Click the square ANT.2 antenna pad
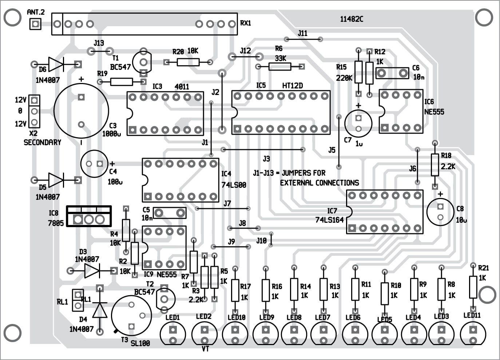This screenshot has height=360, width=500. [35, 24]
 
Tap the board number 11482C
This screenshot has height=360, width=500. [351, 19]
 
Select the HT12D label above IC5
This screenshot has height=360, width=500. [292, 86]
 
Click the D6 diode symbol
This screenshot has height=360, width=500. [56, 64]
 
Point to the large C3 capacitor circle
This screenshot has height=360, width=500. [81, 111]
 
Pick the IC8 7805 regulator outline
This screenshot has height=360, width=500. [89, 216]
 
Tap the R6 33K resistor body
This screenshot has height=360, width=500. [280, 66]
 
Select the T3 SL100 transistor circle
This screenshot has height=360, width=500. [131, 315]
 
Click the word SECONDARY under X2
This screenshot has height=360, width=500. [42, 142]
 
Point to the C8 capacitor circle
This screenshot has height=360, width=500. [440, 212]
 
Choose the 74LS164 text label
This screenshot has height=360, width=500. [329, 220]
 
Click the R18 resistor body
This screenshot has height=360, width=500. [434, 165]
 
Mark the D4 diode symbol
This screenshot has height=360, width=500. [99, 310]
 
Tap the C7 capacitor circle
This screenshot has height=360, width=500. [358, 123]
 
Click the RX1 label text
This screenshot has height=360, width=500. [246, 23]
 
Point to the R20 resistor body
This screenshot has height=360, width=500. [188, 62]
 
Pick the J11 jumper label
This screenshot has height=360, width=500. [302, 33]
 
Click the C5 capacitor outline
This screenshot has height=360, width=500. [170, 213]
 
